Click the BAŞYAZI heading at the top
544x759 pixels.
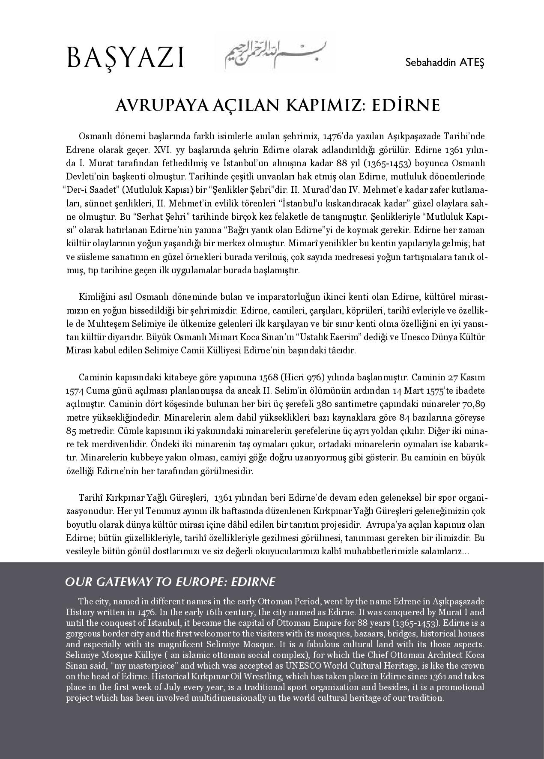point(125,59)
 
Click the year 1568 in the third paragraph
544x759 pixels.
point(269,377)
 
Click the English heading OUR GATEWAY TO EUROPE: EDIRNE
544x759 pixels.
point(170,582)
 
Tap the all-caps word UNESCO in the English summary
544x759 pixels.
point(305,666)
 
